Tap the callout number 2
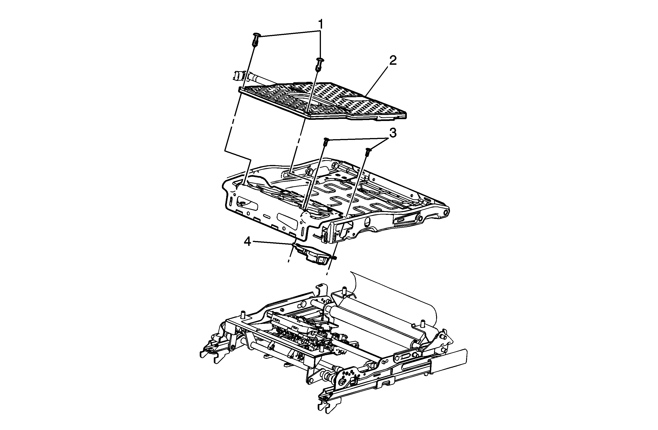coord(393,61)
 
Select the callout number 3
coord(393,133)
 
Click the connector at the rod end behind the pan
coord(238,75)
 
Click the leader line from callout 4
coord(273,243)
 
